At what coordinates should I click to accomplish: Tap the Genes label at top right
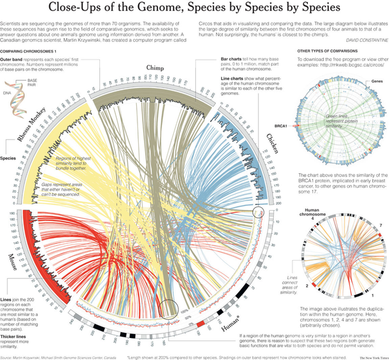(373, 83)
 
